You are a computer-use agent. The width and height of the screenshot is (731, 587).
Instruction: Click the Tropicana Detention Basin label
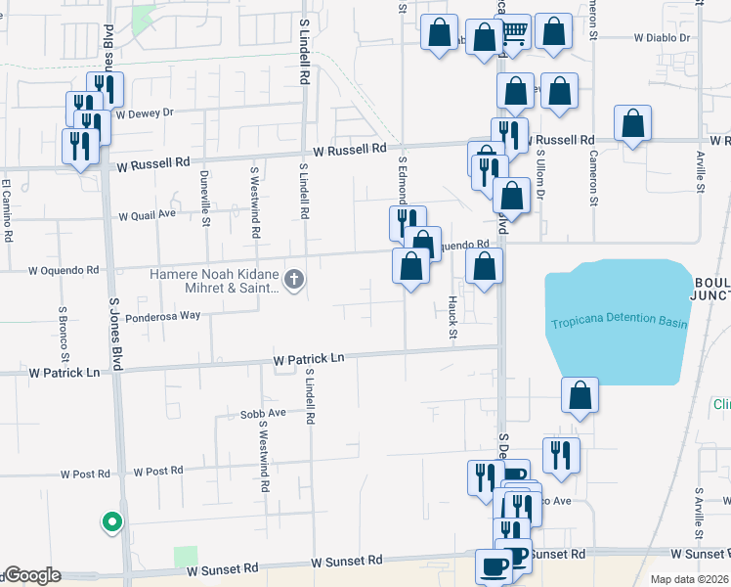coord(619,324)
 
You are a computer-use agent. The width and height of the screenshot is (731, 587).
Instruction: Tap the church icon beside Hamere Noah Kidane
coord(293,281)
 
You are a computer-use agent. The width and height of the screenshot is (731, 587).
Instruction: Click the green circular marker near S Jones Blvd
coord(112,522)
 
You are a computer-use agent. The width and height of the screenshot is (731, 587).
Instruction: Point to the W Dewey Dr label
coord(144,113)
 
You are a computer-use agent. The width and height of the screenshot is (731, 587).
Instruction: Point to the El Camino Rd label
coord(6,209)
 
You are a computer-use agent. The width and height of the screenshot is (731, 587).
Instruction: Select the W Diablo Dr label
coord(662,38)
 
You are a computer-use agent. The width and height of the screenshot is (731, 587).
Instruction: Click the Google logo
coord(31,576)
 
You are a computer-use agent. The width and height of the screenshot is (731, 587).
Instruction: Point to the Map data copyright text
coord(690,579)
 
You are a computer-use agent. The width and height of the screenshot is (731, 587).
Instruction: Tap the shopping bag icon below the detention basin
coord(580,395)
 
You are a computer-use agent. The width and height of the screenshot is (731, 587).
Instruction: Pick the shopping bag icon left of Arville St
coord(633,123)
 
